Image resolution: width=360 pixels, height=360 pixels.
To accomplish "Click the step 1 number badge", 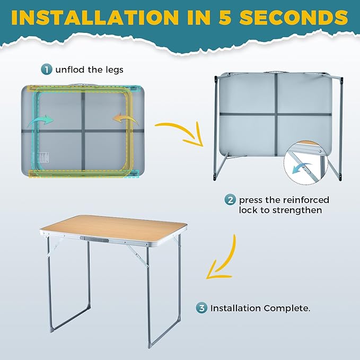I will [x=47, y=68].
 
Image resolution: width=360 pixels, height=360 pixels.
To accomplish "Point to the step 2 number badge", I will [x=230, y=200].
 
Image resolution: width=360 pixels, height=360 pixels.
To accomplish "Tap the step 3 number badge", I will [x=201, y=308].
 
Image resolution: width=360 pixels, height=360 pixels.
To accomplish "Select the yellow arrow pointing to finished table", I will [x=223, y=260].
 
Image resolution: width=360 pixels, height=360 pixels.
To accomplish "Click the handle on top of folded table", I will [x=82, y=84].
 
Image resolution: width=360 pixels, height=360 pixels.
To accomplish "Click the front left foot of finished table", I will [x=51, y=330].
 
